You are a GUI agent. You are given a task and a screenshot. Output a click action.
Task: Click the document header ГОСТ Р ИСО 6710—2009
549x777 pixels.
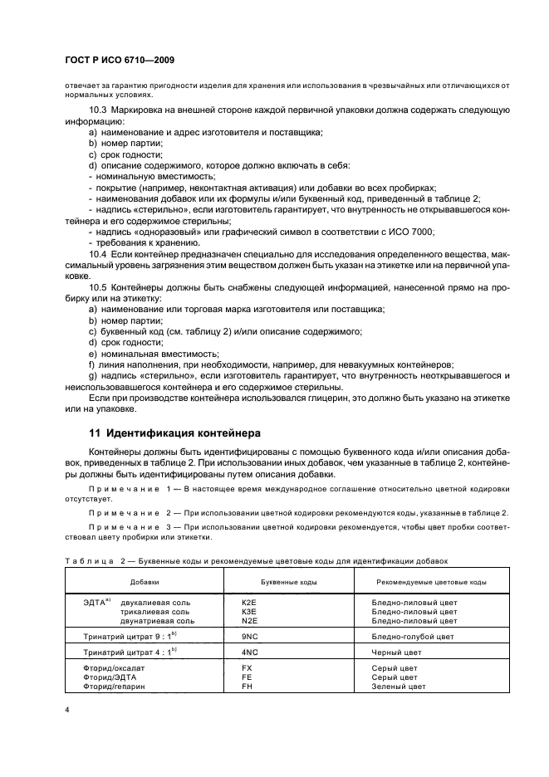point(120,61)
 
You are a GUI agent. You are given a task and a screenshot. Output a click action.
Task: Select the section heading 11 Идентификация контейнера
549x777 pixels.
point(174,432)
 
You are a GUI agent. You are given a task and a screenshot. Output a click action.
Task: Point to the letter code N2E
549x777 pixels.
point(248,620)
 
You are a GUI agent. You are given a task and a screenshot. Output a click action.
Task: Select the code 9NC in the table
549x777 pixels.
point(248,637)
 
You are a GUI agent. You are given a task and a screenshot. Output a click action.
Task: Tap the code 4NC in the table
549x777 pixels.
point(248,652)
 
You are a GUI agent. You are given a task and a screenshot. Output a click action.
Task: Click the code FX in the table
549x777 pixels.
point(246,668)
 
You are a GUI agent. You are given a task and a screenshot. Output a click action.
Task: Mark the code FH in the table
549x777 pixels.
point(246,687)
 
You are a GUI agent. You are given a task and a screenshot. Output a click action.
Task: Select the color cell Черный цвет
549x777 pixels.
point(398,652)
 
